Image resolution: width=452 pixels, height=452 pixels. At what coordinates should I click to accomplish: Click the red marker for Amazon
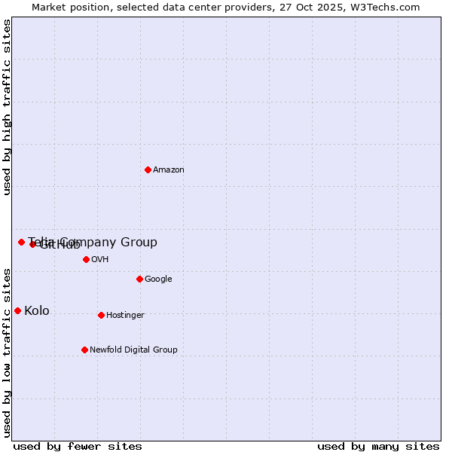click(x=148, y=169)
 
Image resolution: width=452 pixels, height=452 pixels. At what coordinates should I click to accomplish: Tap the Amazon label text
click(x=169, y=170)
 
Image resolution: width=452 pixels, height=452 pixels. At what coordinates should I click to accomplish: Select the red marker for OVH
click(x=86, y=259)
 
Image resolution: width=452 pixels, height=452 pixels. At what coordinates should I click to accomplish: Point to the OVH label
click(x=100, y=260)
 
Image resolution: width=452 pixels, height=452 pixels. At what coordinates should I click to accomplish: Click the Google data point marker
click(x=139, y=279)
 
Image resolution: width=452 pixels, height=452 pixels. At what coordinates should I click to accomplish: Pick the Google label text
click(x=158, y=279)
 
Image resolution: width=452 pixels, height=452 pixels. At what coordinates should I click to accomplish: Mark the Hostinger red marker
click(x=101, y=315)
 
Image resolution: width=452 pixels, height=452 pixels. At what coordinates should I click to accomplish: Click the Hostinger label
click(x=125, y=316)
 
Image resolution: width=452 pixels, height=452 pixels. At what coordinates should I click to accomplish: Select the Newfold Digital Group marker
click(x=84, y=350)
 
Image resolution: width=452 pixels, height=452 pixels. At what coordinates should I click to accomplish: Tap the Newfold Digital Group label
click(x=133, y=350)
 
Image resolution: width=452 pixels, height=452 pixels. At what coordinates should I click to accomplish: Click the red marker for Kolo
click(x=17, y=310)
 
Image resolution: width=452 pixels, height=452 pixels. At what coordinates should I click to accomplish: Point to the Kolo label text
click(x=37, y=311)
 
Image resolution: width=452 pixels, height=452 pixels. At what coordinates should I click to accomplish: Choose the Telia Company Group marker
click(x=21, y=242)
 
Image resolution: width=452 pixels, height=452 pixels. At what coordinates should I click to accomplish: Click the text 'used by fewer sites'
click(x=78, y=446)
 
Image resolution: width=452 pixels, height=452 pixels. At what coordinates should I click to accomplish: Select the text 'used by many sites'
click(x=378, y=446)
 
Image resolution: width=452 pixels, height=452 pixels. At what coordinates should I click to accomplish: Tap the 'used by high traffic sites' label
click(x=7, y=107)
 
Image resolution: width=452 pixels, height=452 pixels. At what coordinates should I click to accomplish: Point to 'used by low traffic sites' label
click(x=7, y=353)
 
